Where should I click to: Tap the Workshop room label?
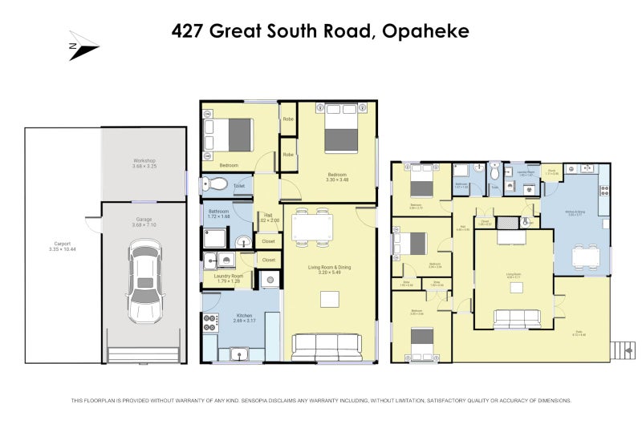(x=144, y=162)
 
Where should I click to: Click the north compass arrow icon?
(x=83, y=46)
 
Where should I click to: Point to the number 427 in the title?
(x=189, y=31)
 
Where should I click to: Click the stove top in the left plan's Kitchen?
(x=211, y=323)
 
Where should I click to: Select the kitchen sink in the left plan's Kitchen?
(x=238, y=353)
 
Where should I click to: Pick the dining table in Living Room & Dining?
(x=311, y=227)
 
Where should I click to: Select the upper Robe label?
(x=287, y=120)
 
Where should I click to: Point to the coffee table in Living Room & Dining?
(x=329, y=299)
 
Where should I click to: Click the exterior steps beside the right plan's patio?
(x=620, y=349)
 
